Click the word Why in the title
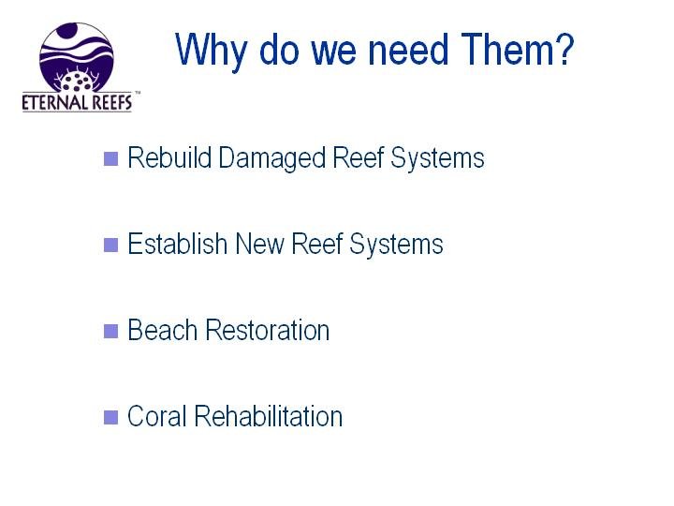coord(211,52)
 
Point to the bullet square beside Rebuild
coord(110,158)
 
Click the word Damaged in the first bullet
coord(271,159)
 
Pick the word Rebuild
coord(169,157)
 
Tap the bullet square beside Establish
coord(110,245)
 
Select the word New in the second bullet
coord(260,244)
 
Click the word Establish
coord(178,244)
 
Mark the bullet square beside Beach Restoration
coord(110,331)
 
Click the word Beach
coord(163,330)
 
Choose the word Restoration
coord(268,330)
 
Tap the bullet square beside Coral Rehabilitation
coord(110,417)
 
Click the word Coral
coord(157,416)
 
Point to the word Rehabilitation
coord(269,416)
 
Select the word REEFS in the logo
coord(106,102)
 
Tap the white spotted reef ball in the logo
coord(77,82)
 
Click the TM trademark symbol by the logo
coord(138,93)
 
